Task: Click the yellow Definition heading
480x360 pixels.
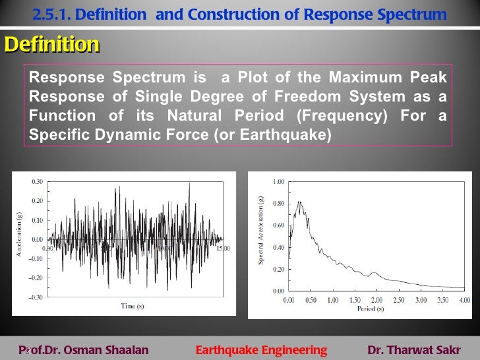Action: tap(51, 45)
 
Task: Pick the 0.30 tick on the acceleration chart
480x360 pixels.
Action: tap(38, 181)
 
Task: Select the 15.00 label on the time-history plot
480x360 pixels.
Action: tap(224, 249)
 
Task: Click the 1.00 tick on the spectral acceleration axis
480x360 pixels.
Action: tap(278, 181)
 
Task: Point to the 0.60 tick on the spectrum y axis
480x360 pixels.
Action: tap(278, 225)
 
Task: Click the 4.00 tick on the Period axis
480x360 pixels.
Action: tap(464, 299)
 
